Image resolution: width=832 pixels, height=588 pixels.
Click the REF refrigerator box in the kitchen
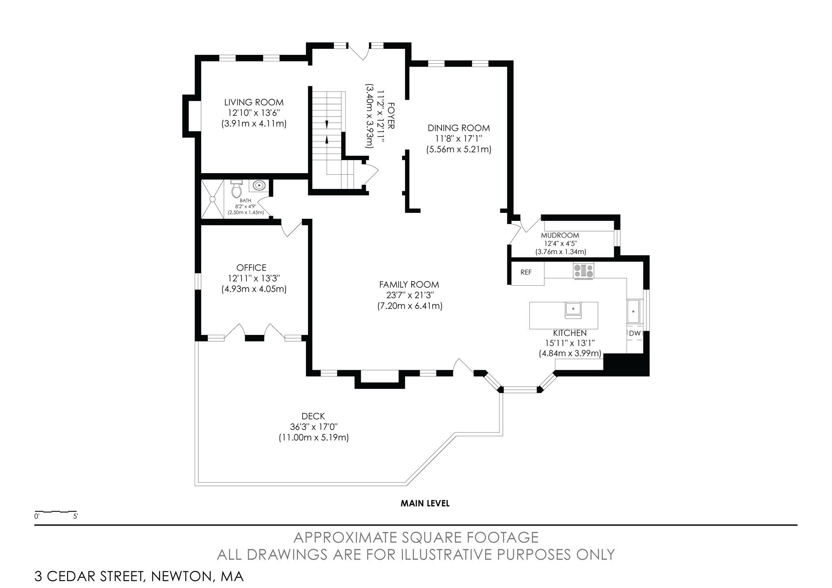click(527, 273)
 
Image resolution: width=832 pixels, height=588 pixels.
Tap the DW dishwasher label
click(635, 334)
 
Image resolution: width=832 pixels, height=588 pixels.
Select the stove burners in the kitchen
click(584, 271)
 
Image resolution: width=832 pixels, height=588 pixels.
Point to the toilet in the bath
click(236, 189)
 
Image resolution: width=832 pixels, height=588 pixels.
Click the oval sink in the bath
click(259, 186)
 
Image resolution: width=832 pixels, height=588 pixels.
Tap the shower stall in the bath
click(212, 199)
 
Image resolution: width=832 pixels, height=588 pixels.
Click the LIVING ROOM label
click(254, 102)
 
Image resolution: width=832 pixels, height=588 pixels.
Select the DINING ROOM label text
click(459, 128)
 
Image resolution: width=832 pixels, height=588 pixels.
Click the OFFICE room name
click(251, 268)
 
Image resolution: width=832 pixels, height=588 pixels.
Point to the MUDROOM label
click(560, 235)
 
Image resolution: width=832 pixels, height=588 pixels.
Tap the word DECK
click(313, 416)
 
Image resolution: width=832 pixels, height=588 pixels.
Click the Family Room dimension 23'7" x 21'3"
click(409, 295)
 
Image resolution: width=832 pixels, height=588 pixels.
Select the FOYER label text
click(391, 115)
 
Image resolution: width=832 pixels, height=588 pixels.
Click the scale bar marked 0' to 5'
click(56, 512)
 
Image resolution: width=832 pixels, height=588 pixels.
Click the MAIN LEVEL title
click(425, 503)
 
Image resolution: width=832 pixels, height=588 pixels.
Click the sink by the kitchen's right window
click(634, 311)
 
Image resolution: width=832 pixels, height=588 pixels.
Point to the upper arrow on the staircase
click(327, 124)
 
